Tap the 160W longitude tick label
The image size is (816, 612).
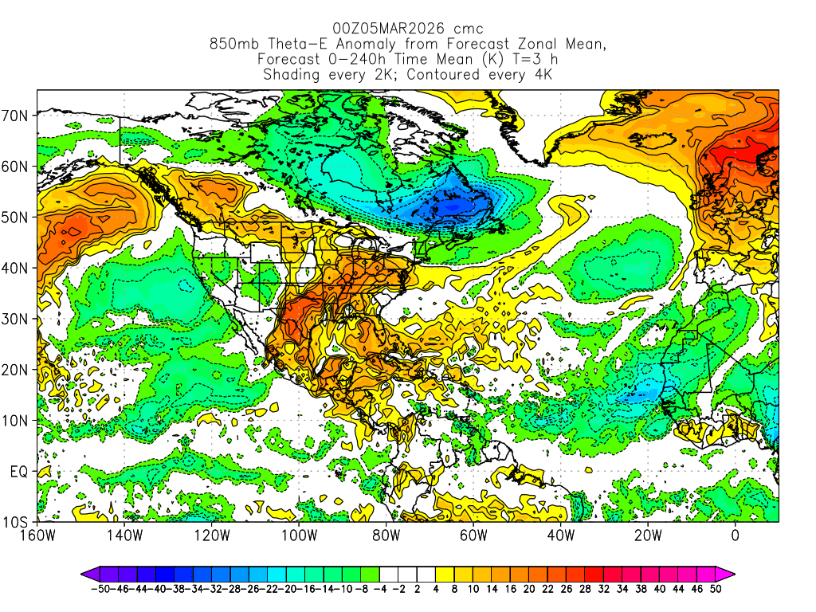click(37, 535)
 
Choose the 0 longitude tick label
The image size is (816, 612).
click(735, 535)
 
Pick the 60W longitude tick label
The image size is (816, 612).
click(473, 535)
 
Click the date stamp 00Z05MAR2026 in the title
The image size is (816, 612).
click(379, 29)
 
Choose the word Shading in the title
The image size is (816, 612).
click(292, 75)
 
